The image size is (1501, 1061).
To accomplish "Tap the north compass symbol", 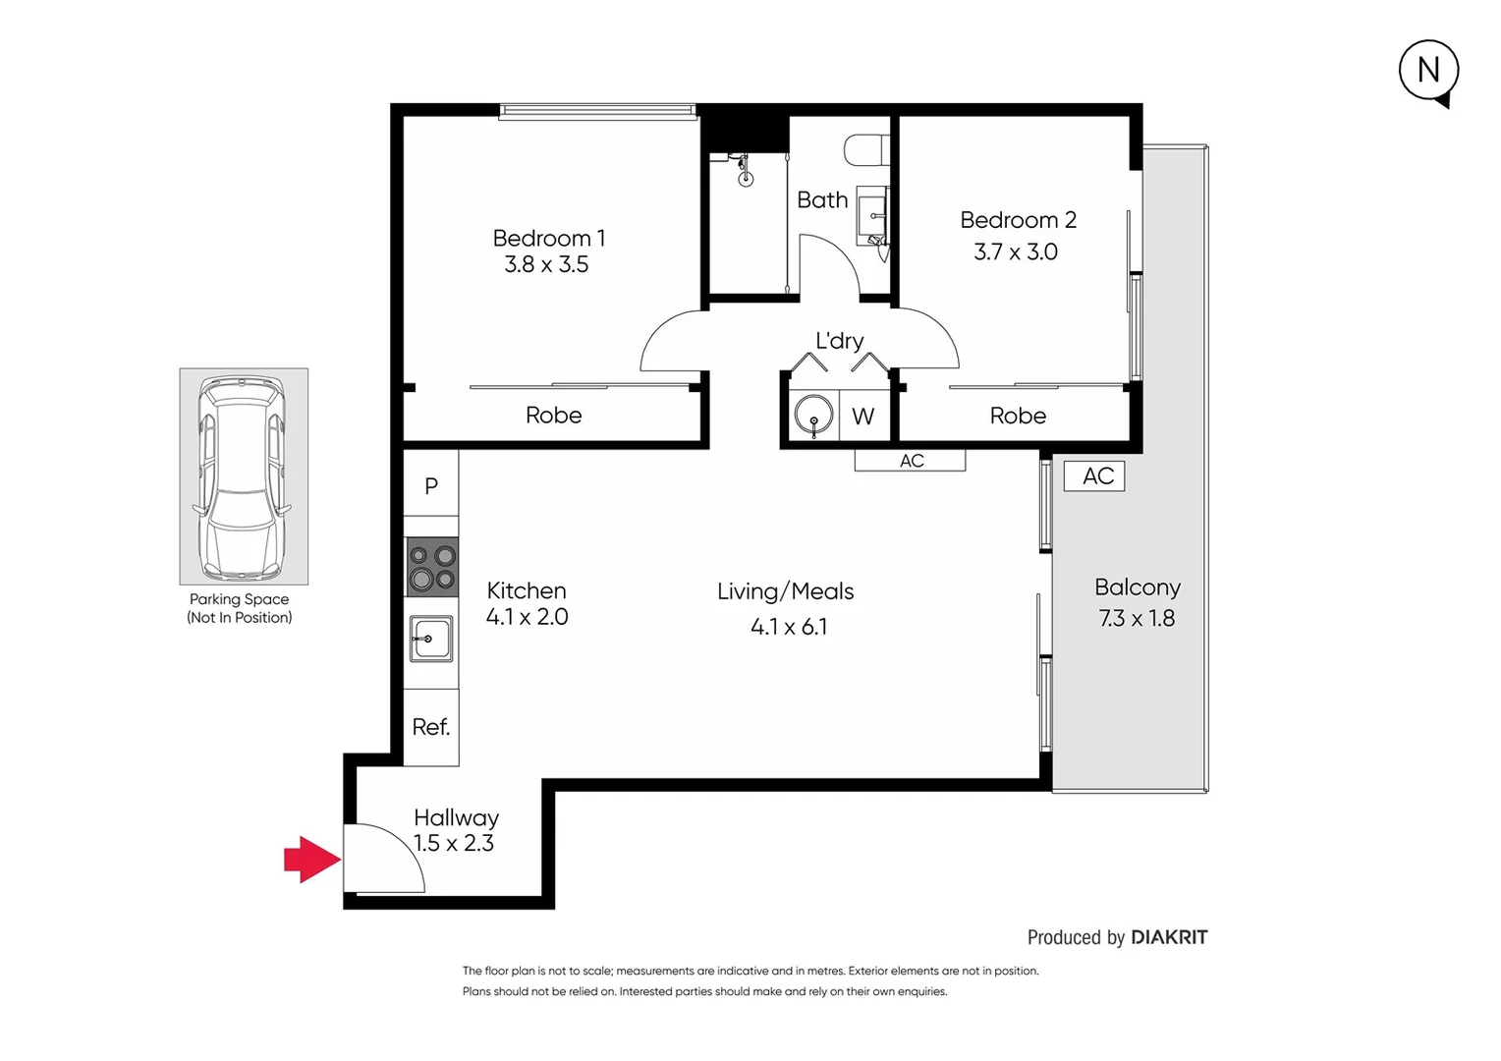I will pyautogui.click(x=1428, y=70).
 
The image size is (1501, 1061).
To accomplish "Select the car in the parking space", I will pyautogui.click(x=243, y=477).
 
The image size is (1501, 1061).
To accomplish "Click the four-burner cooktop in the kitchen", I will pyautogui.click(x=432, y=567).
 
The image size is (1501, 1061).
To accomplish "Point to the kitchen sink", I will pyautogui.click(x=431, y=640).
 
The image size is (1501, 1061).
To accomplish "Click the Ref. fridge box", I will pyautogui.click(x=431, y=727).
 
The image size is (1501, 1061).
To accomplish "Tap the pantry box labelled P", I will pyautogui.click(x=431, y=485).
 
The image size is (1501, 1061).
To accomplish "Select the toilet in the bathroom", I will pyautogui.click(x=865, y=150).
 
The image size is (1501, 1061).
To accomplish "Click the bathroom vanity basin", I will pyautogui.click(x=872, y=214).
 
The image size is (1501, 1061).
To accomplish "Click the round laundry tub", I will pyautogui.click(x=813, y=416).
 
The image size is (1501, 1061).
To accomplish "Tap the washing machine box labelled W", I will pyautogui.click(x=863, y=417).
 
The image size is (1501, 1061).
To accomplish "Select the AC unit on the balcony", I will pyautogui.click(x=1095, y=476).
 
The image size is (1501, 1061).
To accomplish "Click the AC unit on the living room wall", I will pyautogui.click(x=911, y=461).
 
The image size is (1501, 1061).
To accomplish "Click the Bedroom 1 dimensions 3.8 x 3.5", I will pyautogui.click(x=546, y=264).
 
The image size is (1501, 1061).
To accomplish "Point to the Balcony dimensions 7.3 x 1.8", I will pyautogui.click(x=1137, y=619).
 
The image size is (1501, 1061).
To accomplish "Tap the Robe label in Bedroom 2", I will pyautogui.click(x=1018, y=416).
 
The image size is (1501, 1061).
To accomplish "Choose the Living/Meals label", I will pyautogui.click(x=785, y=591).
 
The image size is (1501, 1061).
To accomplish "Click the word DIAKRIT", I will pyautogui.click(x=1169, y=937).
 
